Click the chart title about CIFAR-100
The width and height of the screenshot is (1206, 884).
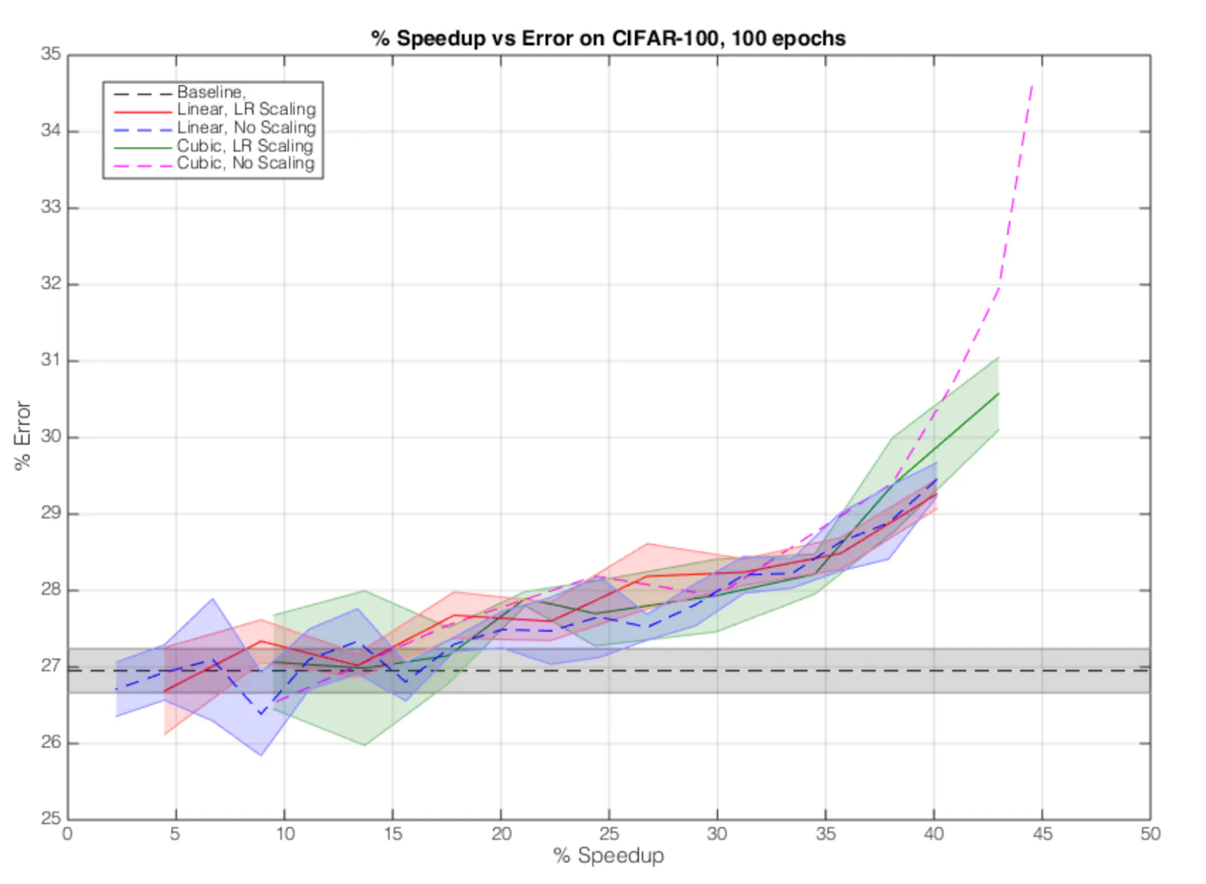(608, 38)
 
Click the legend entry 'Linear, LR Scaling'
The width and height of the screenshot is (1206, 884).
(246, 109)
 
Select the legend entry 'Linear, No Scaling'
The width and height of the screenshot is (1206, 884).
(246, 127)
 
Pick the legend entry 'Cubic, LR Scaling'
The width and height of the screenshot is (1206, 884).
(244, 146)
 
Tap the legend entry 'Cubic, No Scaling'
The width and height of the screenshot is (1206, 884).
(245, 163)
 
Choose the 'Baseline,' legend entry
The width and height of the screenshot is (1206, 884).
(210, 92)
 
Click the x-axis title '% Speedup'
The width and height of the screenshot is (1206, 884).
(608, 855)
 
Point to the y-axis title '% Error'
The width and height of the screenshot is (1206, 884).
(23, 435)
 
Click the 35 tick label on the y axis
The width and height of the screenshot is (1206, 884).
(52, 55)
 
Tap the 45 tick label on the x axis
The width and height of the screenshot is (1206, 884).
(1042, 834)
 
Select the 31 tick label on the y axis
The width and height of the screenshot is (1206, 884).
(52, 360)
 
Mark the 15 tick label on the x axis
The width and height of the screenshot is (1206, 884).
(393, 834)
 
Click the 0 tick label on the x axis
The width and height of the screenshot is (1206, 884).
(68, 834)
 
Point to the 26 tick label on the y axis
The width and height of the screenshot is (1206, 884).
(52, 743)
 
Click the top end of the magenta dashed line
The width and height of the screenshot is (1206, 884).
(1032, 84)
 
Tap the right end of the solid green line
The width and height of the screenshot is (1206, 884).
(998, 394)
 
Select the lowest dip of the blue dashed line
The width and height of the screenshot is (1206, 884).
(261, 714)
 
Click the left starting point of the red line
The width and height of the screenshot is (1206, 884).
(165, 692)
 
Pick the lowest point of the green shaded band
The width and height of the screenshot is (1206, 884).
(364, 745)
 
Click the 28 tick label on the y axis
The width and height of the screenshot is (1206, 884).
(52, 590)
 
